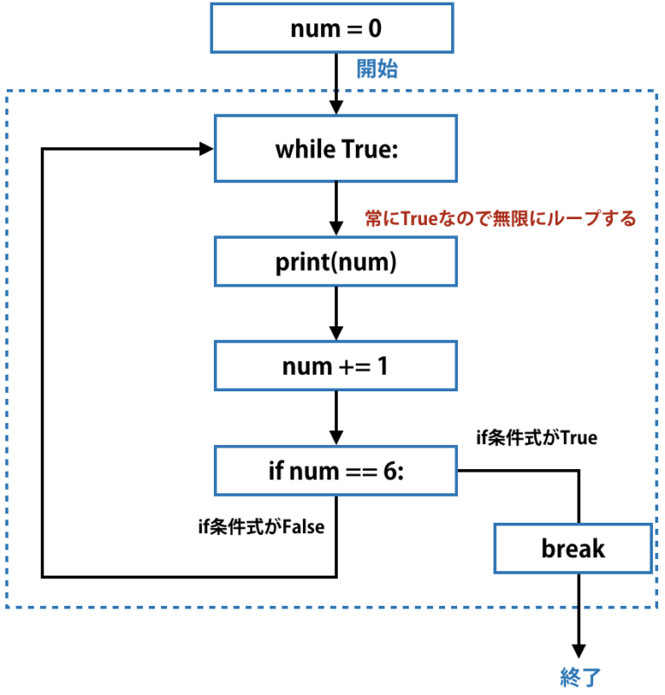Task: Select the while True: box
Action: [x=335, y=150]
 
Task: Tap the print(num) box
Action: [x=335, y=263]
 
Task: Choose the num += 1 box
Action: [x=335, y=366]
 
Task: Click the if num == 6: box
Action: [x=335, y=472]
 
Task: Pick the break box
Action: [x=572, y=548]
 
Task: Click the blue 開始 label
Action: [x=378, y=70]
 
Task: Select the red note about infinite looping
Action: [x=500, y=219]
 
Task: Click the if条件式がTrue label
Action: [x=537, y=438]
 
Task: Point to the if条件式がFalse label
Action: [x=261, y=525]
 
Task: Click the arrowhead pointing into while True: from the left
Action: [x=207, y=149]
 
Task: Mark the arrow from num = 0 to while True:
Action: [x=335, y=84]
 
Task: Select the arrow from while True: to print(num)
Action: [x=335, y=209]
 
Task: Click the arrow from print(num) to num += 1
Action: [x=335, y=315]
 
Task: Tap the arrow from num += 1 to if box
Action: [x=335, y=419]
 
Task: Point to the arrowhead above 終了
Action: [x=578, y=651]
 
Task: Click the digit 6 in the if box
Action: [x=390, y=472]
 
